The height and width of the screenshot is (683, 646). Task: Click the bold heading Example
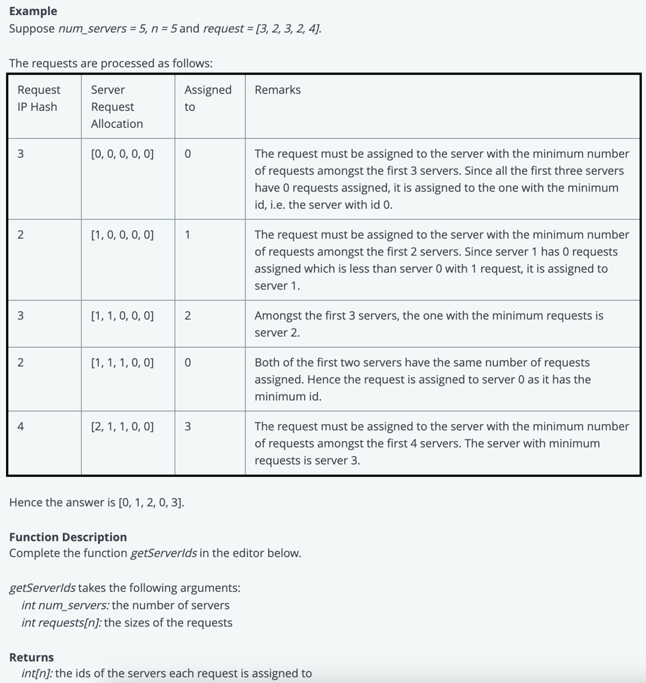click(33, 11)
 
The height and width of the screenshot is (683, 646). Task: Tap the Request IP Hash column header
click(38, 98)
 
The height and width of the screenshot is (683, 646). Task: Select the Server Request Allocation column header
click(117, 107)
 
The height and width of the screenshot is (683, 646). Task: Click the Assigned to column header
click(208, 98)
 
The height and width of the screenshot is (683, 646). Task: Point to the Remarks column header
click(278, 89)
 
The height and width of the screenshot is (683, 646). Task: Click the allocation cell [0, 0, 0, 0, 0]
click(122, 154)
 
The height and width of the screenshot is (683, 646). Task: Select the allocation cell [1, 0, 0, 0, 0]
click(122, 235)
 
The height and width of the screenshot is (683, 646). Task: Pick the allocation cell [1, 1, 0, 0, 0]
click(122, 316)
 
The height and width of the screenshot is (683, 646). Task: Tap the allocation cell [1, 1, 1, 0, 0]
click(122, 363)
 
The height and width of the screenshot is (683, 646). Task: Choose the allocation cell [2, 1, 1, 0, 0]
click(122, 426)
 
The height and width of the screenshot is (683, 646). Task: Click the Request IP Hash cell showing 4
click(21, 426)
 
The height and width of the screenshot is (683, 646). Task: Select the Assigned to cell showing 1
click(188, 235)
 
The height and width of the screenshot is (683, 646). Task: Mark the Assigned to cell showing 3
click(188, 426)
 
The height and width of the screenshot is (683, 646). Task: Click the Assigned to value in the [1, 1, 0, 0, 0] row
click(188, 316)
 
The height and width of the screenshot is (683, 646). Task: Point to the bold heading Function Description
click(68, 537)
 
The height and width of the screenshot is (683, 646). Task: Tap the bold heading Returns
click(31, 657)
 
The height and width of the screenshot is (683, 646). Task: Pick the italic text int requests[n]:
click(62, 622)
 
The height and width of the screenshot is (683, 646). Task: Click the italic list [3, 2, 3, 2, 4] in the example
click(288, 29)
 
